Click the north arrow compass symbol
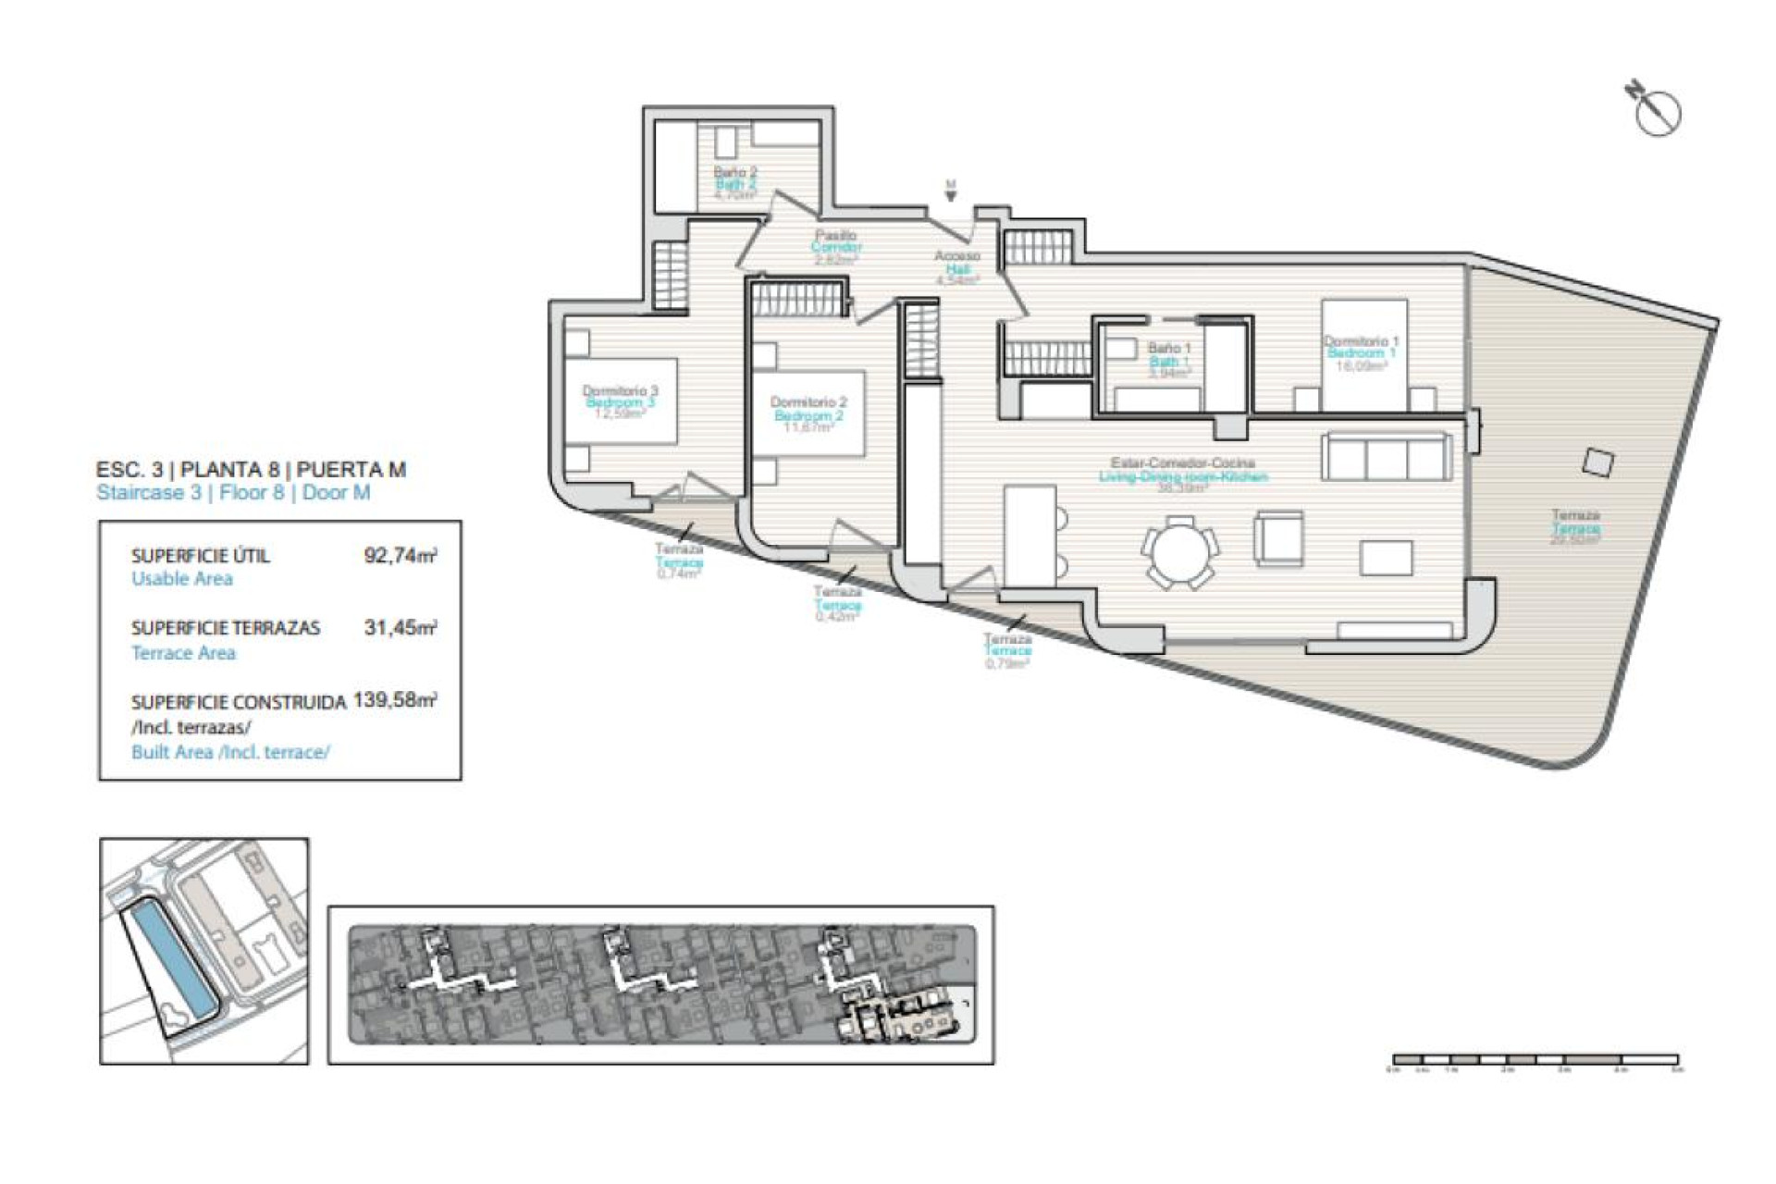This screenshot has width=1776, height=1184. pos(1656,111)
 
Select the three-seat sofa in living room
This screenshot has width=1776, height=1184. pos(1385,456)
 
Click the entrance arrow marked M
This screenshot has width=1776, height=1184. pos(950,191)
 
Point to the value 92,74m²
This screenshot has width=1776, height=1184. pos(401,556)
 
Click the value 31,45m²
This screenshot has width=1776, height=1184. pos(401,628)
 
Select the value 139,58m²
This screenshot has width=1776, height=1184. pos(395,700)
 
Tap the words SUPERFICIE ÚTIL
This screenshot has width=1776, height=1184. pos(201,556)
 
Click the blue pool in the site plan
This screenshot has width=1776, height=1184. pos(171,957)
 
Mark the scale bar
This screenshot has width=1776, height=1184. pos(1535,1060)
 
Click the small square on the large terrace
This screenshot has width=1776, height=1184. pos(1597,462)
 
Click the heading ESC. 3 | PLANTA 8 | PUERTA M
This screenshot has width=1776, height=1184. pos(251,470)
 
